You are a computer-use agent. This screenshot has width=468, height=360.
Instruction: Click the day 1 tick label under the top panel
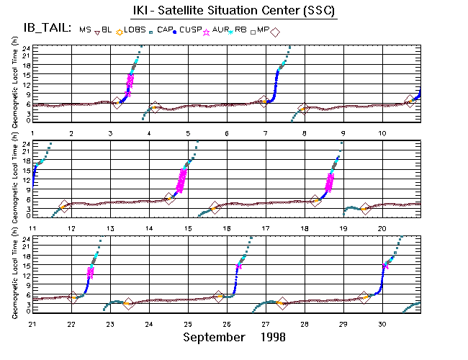coord(32,133)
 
